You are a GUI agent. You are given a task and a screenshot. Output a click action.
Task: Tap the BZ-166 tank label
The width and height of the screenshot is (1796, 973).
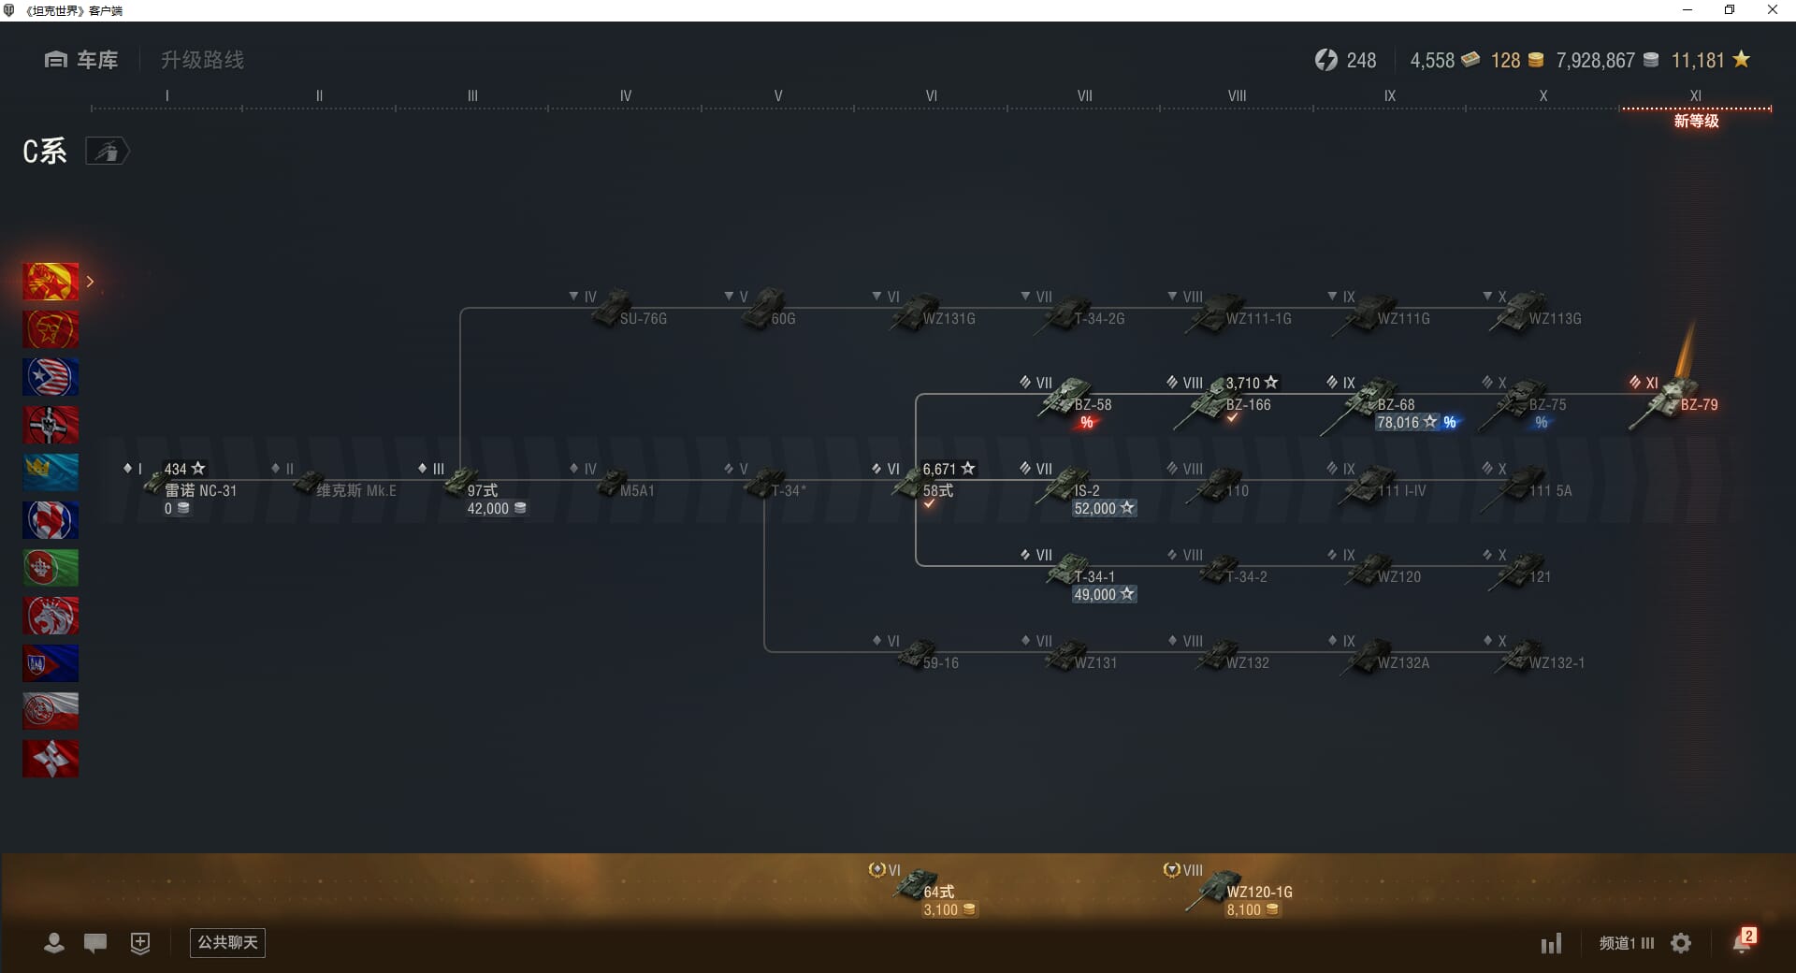(1248, 405)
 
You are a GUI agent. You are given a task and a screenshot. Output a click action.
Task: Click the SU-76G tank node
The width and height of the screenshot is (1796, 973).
(617, 312)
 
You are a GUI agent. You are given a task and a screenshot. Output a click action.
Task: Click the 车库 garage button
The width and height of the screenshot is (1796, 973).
(82, 60)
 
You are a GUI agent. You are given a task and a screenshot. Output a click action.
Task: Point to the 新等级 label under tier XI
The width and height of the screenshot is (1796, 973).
(1696, 122)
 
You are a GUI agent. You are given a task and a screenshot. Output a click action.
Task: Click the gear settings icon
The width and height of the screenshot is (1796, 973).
(1681, 943)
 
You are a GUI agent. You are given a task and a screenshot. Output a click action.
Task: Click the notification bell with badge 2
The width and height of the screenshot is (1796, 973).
(1742, 942)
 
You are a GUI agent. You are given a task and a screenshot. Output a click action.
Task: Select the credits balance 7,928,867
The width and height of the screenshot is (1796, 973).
(1595, 61)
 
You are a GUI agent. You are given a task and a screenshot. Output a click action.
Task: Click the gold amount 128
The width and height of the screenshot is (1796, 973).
(1505, 61)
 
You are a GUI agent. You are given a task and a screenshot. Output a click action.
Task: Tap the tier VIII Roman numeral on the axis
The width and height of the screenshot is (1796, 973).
(1237, 95)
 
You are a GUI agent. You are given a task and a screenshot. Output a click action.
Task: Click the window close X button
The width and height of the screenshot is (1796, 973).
(1772, 10)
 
